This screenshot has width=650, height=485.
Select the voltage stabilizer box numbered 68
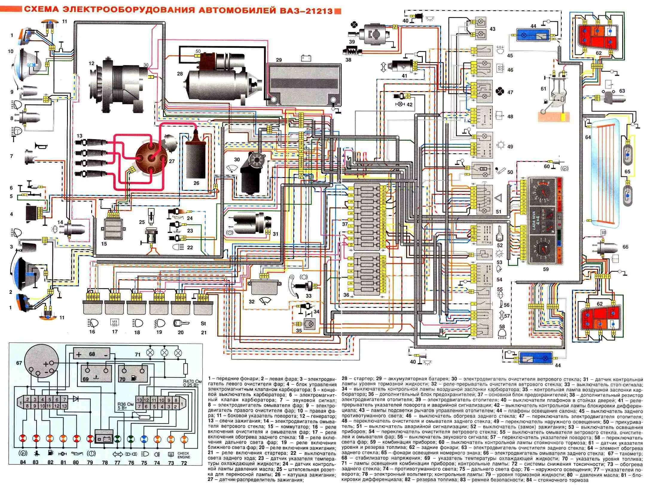pyautogui.click(x=92, y=354)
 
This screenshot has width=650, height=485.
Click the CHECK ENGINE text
pyautogui.click(x=184, y=455)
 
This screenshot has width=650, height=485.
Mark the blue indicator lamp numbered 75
pyautogui.click(x=144, y=439)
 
